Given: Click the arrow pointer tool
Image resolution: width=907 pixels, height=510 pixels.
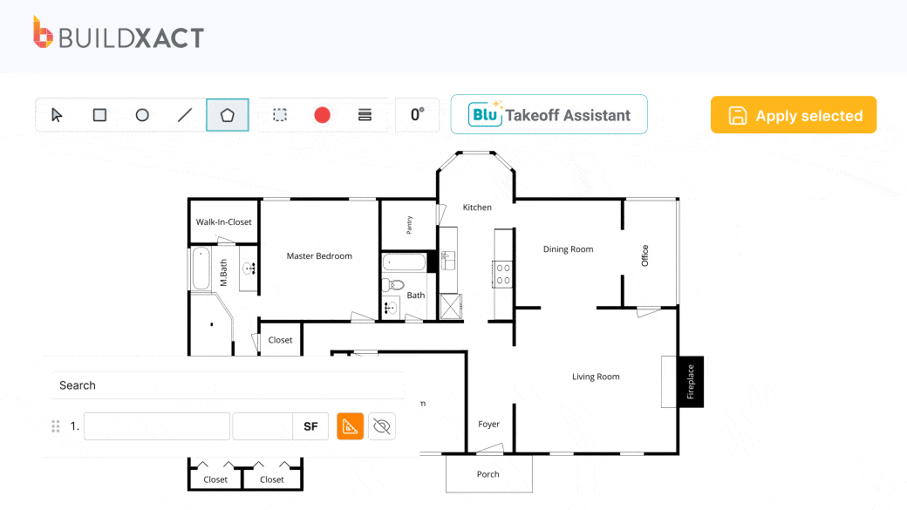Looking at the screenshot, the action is (57, 115).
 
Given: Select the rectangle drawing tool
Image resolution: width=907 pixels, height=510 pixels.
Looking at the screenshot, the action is (99, 115).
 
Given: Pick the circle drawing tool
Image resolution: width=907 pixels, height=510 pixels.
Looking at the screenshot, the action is (142, 115).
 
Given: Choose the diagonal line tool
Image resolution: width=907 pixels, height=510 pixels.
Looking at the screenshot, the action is (185, 115).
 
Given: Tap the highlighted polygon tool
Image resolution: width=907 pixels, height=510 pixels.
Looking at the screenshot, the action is (228, 115).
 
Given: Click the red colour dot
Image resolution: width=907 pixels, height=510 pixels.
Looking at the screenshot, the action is (322, 115).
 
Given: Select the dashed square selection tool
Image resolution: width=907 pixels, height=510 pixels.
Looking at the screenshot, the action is (280, 115).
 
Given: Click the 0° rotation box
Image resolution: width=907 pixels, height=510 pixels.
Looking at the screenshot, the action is (417, 114).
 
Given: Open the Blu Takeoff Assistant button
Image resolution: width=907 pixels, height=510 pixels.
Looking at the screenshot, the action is (549, 114).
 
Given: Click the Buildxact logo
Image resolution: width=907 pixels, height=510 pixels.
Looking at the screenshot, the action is (119, 33).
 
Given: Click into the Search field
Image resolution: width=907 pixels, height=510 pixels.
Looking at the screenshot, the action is (228, 385).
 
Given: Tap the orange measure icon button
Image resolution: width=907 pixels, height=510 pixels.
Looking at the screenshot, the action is (350, 426).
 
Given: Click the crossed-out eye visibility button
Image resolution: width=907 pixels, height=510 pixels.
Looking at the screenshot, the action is (382, 426).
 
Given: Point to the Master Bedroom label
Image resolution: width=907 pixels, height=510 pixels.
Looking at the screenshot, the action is (319, 256).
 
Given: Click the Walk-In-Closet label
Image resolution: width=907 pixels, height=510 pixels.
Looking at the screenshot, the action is (224, 222).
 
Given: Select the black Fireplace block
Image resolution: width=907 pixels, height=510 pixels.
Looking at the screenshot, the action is (691, 382).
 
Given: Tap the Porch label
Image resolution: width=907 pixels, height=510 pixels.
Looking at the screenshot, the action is (488, 474).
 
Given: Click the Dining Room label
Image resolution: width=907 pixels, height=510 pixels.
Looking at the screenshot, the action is (568, 249).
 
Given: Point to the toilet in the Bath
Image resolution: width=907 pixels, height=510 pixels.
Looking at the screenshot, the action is (392, 284).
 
